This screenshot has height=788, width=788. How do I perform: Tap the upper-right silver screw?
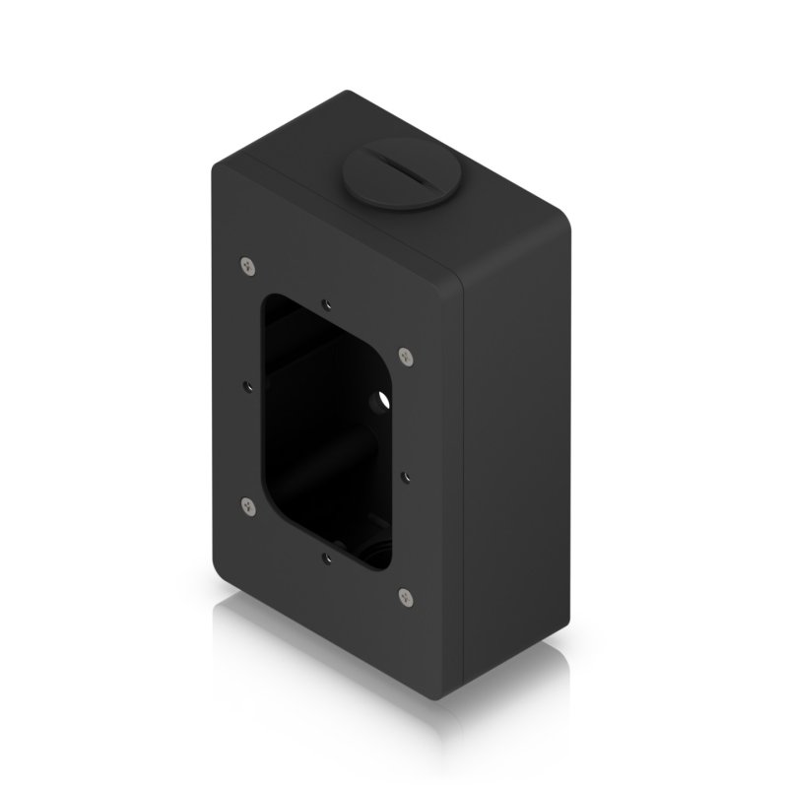point(404,355)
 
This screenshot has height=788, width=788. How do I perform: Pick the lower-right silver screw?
point(404,594)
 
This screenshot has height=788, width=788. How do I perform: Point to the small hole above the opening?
point(325,305)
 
